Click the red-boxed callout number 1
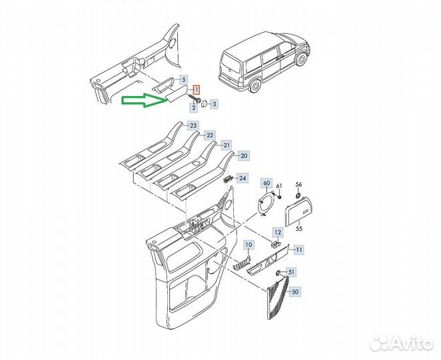coord(197,90)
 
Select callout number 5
coord(184,80)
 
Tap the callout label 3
coord(215,104)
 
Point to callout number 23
coord(193,125)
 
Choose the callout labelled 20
coord(244,155)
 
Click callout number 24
coord(242,178)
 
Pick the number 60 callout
coord(266,183)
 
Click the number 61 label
coord(278,186)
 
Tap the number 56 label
coord(298,185)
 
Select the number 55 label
coord(299,229)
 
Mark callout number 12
coord(278,233)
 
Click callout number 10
coord(249,245)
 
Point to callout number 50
coord(295,292)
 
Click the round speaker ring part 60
coord(265,203)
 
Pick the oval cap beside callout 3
coord(205,103)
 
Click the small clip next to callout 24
coord(227,179)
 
